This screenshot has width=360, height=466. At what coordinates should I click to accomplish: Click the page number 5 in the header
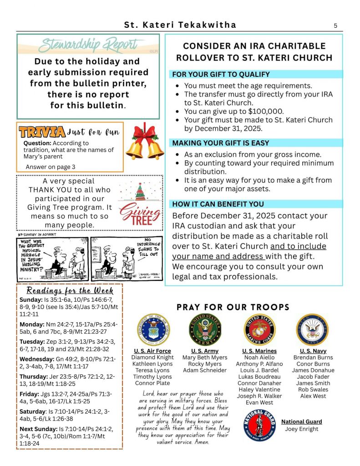click(x=335, y=25)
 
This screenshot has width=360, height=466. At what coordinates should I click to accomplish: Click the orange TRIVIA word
click(x=42, y=132)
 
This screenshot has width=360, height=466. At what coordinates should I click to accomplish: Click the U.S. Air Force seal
click(x=152, y=330)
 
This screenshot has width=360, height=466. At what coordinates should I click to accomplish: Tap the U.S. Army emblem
click(x=205, y=330)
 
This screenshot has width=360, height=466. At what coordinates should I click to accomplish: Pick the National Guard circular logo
click(x=259, y=426)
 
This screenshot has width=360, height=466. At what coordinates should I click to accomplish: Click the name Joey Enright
click(x=302, y=429)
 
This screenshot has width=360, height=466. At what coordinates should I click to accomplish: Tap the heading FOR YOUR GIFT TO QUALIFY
click(x=221, y=74)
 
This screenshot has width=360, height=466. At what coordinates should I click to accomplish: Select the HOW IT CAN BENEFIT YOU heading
click(x=218, y=204)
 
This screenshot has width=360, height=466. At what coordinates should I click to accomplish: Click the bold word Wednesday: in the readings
click(x=38, y=359)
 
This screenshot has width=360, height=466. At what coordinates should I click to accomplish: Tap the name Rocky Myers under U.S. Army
click(x=205, y=364)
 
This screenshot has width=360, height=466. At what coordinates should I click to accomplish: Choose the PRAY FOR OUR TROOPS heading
click(x=233, y=307)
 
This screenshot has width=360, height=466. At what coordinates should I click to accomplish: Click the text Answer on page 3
click(x=51, y=167)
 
